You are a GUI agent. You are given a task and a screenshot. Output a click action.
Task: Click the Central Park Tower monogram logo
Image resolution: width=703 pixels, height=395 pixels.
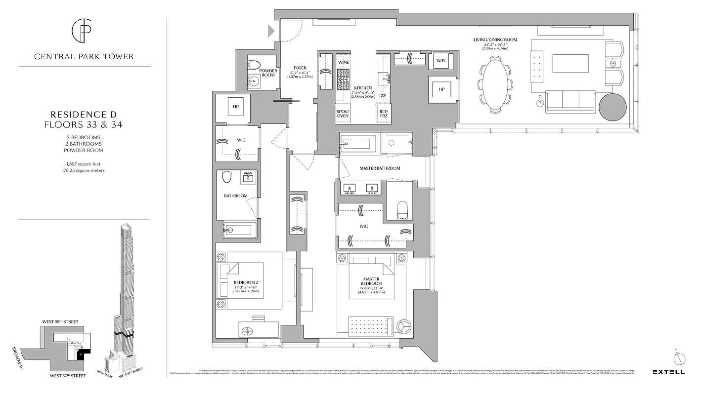pos(84,31)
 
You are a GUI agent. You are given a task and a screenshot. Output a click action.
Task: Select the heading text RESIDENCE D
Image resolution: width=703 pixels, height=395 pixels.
pos(84,115)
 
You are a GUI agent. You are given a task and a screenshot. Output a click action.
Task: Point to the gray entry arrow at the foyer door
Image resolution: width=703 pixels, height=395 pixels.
pos(271,31)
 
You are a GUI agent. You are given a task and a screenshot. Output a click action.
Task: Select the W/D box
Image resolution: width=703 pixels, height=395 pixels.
pos(441,61)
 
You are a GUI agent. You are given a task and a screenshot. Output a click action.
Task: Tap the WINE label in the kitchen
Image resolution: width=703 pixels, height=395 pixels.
pos(344,63)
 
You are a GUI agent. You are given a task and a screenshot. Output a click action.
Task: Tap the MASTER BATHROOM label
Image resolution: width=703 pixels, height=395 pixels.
pos(380,168)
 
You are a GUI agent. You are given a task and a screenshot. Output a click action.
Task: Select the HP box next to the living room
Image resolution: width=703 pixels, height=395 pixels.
pos(441,90)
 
